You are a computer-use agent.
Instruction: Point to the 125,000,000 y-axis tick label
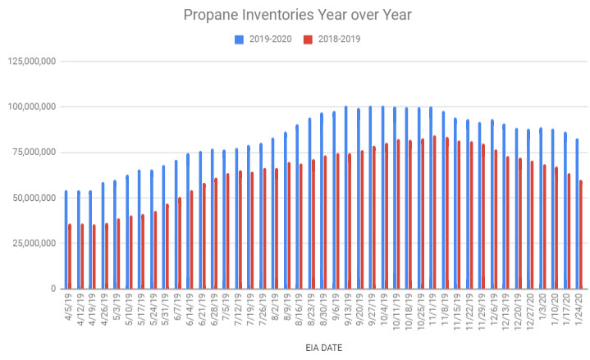(31, 61)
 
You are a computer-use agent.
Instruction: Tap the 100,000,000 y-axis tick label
(31, 107)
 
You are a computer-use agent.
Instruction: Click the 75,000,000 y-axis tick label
(34, 152)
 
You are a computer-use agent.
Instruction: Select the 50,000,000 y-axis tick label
(34, 198)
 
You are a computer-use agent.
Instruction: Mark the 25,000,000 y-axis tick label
(34, 243)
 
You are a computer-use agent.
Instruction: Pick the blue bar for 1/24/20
(577, 213)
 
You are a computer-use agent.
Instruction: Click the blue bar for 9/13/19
(345, 197)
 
